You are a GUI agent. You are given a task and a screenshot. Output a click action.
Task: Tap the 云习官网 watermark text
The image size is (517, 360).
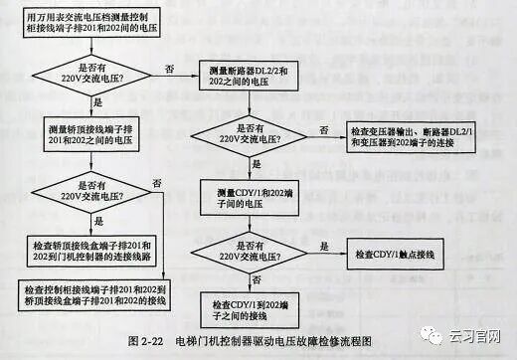point(476,335)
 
